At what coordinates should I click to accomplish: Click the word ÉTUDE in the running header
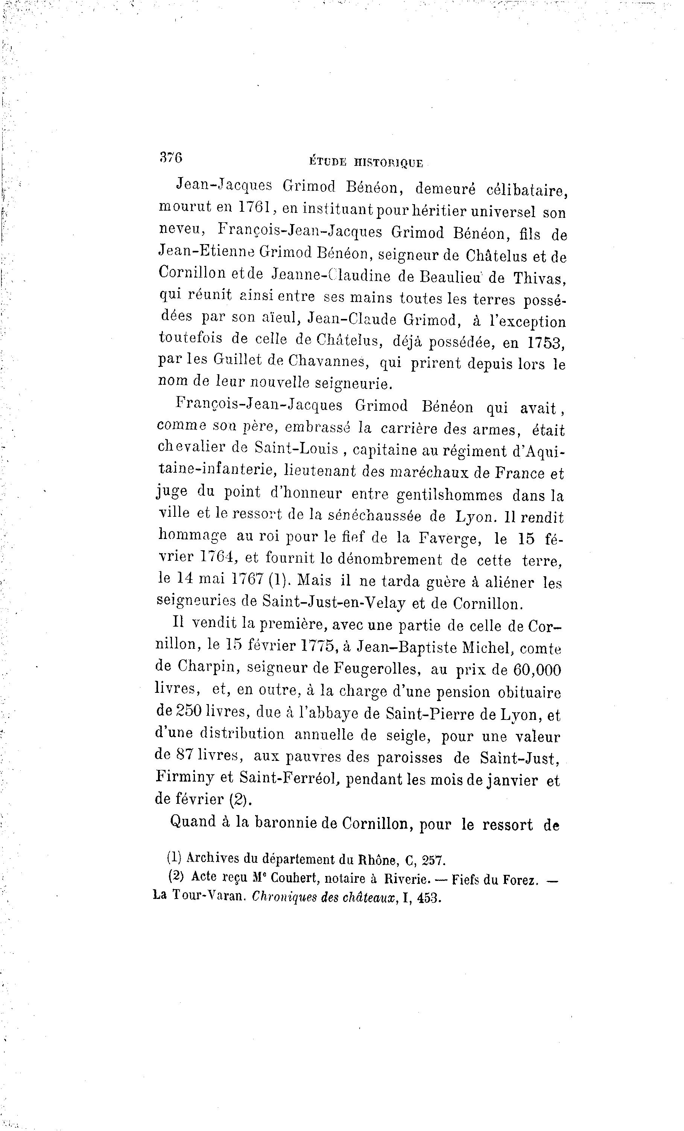[328, 162]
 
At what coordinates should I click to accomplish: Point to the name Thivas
[540, 278]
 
